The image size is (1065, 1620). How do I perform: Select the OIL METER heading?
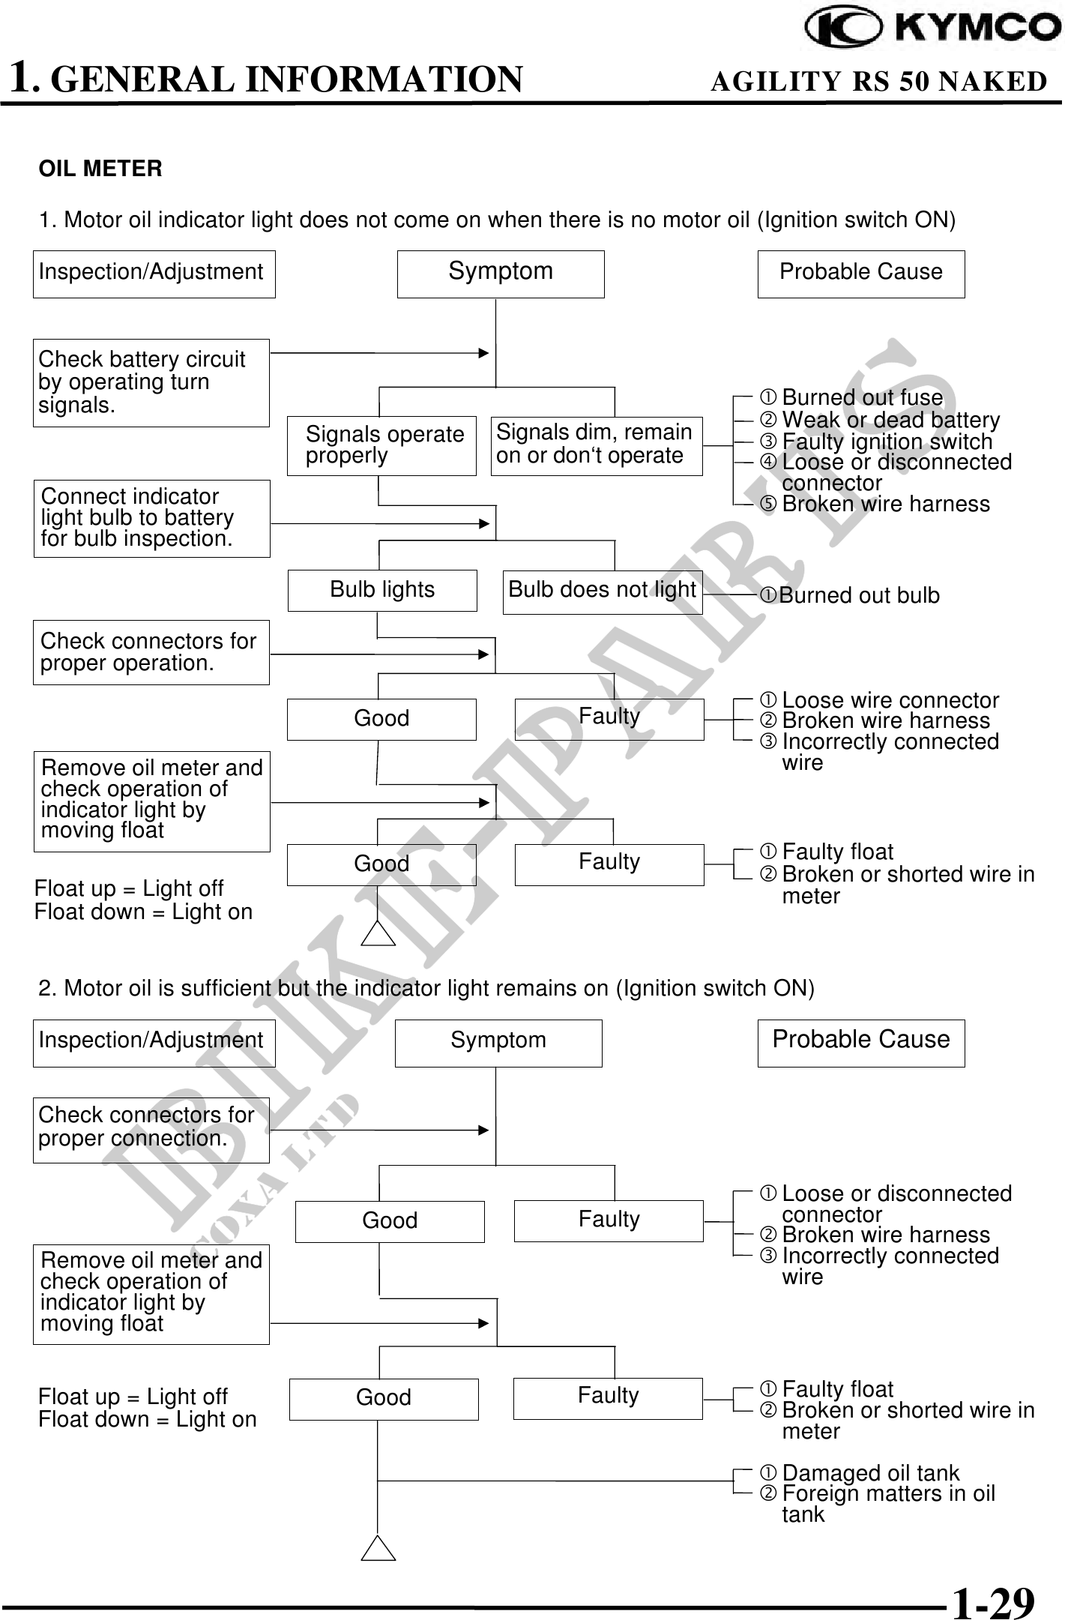[100, 169]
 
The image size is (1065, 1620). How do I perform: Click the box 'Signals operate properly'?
[381, 445]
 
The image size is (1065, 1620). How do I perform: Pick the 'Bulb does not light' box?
[603, 591]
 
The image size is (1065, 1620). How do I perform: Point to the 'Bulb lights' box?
[382, 590]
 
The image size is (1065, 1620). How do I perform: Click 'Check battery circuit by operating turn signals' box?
[151, 382]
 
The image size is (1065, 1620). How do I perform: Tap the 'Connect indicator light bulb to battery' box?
[151, 518]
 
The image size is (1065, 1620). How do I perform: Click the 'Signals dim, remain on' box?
[597, 445]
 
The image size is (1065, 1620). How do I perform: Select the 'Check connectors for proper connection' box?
[151, 1129]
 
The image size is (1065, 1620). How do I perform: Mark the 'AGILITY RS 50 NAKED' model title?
[878, 81]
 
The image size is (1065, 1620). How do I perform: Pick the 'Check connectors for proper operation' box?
[151, 652]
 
